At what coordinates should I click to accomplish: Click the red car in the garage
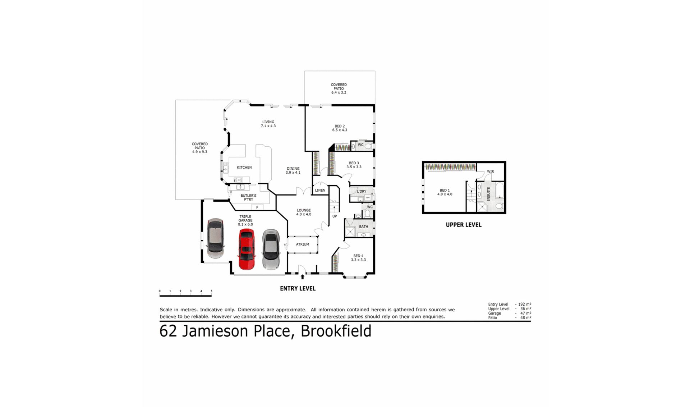pyautogui.click(x=247, y=249)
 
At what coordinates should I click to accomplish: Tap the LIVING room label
pyautogui.click(x=268, y=122)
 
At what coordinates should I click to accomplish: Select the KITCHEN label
pyautogui.click(x=244, y=168)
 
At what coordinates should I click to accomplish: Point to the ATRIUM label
pyautogui.click(x=303, y=244)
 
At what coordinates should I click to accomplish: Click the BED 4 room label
pyautogui.click(x=358, y=256)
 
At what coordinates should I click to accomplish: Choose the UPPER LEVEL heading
pyautogui.click(x=464, y=225)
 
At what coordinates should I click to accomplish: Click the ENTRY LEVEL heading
pyautogui.click(x=298, y=288)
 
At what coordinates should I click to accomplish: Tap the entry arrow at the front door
pyautogui.click(x=303, y=276)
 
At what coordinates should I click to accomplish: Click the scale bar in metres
pyautogui.click(x=185, y=296)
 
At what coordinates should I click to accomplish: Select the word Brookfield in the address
pyautogui.click(x=336, y=331)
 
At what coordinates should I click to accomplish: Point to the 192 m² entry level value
pyautogui.click(x=525, y=305)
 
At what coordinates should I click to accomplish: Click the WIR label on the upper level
pyautogui.click(x=491, y=172)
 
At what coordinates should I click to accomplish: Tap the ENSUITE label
pyautogui.click(x=488, y=194)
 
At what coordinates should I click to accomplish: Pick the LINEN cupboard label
pyautogui.click(x=320, y=191)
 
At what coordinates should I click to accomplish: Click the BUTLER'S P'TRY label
pyautogui.click(x=248, y=198)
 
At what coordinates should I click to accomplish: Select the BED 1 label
pyautogui.click(x=445, y=191)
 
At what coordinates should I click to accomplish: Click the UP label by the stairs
pyautogui.click(x=335, y=216)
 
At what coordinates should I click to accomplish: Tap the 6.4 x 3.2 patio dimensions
pyautogui.click(x=339, y=92)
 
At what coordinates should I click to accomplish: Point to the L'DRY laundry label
pyautogui.click(x=362, y=191)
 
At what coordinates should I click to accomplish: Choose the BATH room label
pyautogui.click(x=364, y=227)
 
